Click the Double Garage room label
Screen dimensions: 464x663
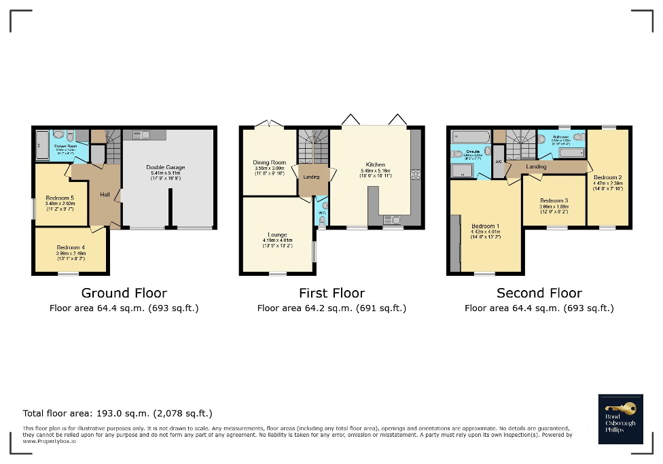[x=166, y=167]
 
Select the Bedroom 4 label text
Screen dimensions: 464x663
[x=71, y=247]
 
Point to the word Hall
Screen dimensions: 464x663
[x=105, y=194]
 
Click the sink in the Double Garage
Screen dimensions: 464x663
[x=145, y=135]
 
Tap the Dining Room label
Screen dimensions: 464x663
[x=269, y=162]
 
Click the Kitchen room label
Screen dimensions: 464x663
[x=375, y=164]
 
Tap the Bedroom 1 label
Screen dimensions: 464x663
[x=486, y=226]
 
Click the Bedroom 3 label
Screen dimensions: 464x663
[x=554, y=200]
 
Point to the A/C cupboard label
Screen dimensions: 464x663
[x=498, y=161]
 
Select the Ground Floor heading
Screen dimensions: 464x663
[x=124, y=293]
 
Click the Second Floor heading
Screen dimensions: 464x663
[x=539, y=293]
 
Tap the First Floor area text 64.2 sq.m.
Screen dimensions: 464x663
[x=331, y=308]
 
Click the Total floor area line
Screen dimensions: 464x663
[x=118, y=413]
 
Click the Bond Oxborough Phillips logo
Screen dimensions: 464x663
[x=620, y=418]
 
